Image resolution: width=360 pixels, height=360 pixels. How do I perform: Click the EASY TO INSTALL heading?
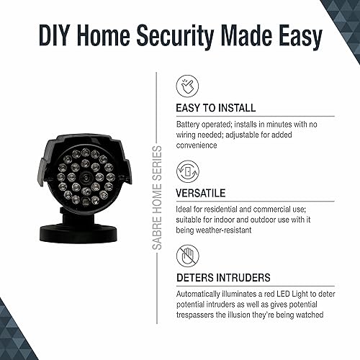point(215,108)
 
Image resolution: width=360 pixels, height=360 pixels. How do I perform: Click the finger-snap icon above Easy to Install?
point(187,86)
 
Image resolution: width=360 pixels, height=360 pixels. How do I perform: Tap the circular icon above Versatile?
point(187,171)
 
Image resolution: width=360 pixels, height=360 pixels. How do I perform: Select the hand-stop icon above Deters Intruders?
point(187,255)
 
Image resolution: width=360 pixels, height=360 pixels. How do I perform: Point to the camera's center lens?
point(85,177)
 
